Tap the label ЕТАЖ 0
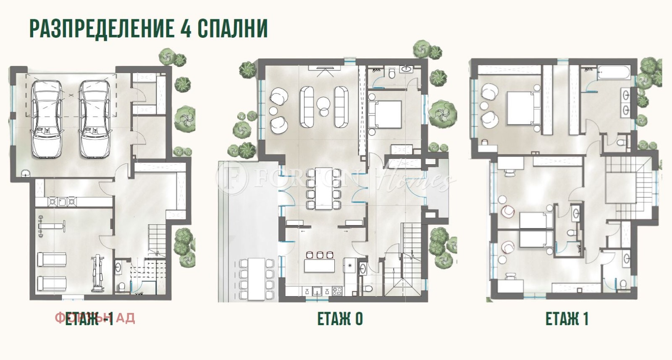point(340,319)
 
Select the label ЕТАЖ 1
point(567,319)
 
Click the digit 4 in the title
point(184,29)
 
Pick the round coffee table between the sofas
point(324,103)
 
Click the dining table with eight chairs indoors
point(323,188)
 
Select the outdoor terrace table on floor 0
point(256,279)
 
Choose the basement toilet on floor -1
point(122,286)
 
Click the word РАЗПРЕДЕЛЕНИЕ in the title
point(100,29)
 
